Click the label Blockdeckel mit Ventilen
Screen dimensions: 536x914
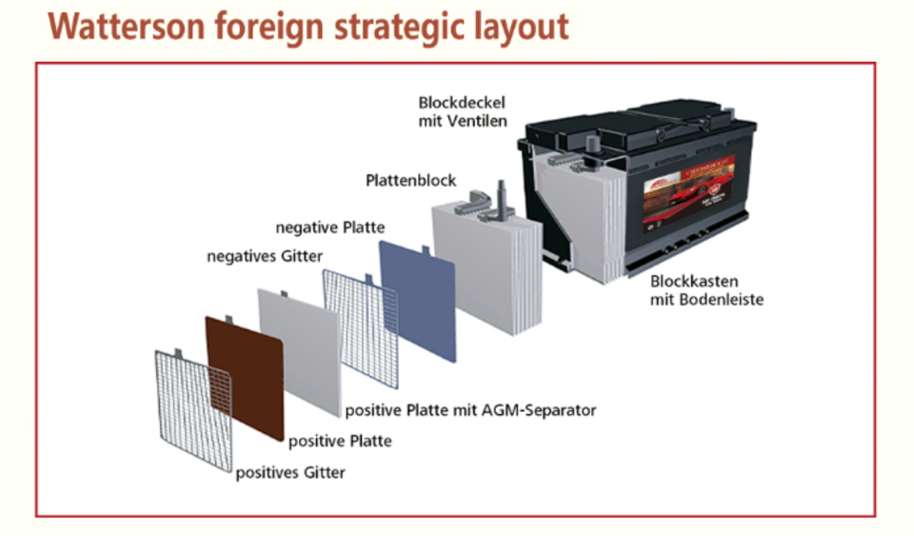[x=463, y=111]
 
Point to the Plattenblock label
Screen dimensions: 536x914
[x=411, y=180]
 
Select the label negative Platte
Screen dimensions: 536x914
[x=330, y=228]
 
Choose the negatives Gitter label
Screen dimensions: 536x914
[x=265, y=256]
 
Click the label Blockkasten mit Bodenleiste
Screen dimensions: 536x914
[x=706, y=290]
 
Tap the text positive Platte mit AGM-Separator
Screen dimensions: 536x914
[x=470, y=411]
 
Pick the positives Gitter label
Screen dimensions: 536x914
[x=290, y=472]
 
